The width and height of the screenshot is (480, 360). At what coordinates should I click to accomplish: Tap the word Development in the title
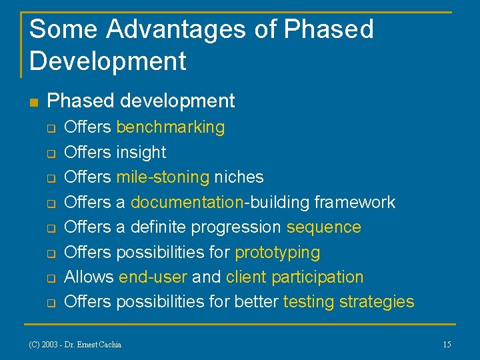tap(108, 61)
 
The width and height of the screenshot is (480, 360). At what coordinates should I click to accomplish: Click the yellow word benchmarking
tap(171, 127)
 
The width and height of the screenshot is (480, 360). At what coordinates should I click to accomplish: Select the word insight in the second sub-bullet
tap(141, 152)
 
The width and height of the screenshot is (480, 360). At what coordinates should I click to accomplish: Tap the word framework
tap(355, 202)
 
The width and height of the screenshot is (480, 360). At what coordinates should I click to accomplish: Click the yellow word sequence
tap(324, 227)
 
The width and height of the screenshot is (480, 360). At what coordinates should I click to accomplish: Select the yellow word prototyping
tap(277, 253)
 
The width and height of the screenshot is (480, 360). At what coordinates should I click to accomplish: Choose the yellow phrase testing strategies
tap(349, 302)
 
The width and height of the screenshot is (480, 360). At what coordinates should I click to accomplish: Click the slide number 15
tap(447, 344)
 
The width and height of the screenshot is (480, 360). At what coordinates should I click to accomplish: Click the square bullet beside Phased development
tap(35, 102)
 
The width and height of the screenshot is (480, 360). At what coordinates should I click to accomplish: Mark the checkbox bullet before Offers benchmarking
tap(49, 127)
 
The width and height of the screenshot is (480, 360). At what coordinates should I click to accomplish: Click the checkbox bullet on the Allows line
tap(49, 278)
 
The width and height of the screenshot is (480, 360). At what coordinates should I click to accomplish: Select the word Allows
tap(89, 277)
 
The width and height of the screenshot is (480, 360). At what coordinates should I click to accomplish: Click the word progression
tap(237, 227)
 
